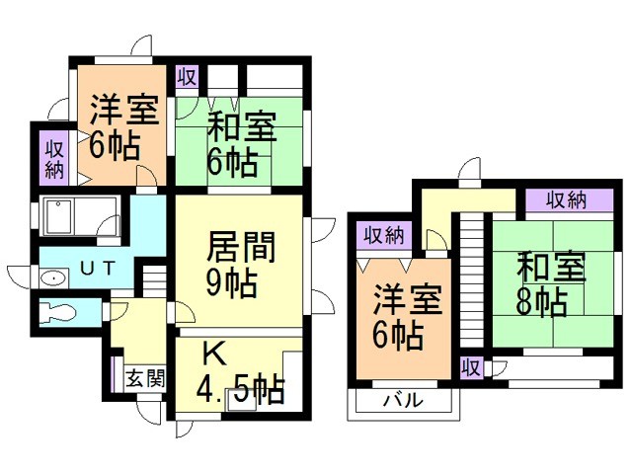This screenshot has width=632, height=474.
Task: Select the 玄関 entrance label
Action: (145, 378)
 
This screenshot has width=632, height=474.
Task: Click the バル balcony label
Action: (402, 401)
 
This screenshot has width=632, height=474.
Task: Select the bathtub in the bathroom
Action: (80, 214)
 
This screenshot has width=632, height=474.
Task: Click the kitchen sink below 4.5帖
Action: (239, 399)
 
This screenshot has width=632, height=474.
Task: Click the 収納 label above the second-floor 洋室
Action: (383, 235)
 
